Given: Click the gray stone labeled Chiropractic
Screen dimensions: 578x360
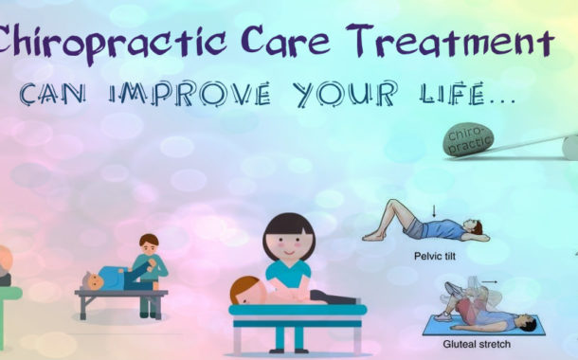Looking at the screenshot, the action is click(x=468, y=139).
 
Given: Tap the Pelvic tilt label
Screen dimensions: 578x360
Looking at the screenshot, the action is click(x=435, y=256).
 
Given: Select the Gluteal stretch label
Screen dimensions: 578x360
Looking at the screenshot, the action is click(x=477, y=344).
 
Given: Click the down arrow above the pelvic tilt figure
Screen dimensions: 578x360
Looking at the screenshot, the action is click(x=434, y=211).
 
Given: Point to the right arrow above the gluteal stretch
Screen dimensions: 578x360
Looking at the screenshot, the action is click(x=490, y=282).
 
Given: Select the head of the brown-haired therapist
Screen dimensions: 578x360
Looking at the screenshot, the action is click(x=149, y=244).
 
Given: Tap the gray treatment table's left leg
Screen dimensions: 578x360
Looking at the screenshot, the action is click(x=84, y=307).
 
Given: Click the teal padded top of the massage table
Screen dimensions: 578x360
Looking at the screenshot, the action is click(x=298, y=310).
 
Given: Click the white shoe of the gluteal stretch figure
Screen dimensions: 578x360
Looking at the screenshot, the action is click(x=443, y=316).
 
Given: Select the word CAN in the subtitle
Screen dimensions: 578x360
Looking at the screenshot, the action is click(x=52, y=95).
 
